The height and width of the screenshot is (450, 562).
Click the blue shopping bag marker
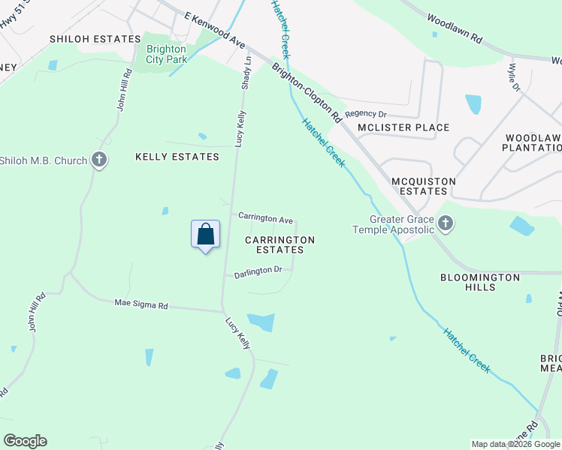[206, 235]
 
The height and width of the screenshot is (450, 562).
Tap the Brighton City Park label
[166, 55]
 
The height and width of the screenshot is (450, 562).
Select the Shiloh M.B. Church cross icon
[98, 160]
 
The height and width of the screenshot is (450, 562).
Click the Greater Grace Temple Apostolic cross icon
[446, 223]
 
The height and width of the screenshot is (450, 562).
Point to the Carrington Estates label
[279, 244]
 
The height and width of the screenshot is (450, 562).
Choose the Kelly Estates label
[177, 157]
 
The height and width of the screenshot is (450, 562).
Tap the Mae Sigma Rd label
[141, 304]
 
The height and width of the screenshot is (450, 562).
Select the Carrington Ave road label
[265, 218]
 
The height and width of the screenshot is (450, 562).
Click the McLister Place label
[403, 127]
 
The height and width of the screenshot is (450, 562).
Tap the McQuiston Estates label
[419, 186]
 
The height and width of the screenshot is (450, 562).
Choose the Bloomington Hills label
[480, 282]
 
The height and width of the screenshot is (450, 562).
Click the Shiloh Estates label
[95, 38]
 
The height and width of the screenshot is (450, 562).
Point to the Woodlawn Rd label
[455, 30]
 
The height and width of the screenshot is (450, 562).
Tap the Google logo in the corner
[25, 441]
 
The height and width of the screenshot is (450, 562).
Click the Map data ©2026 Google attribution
[515, 444]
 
